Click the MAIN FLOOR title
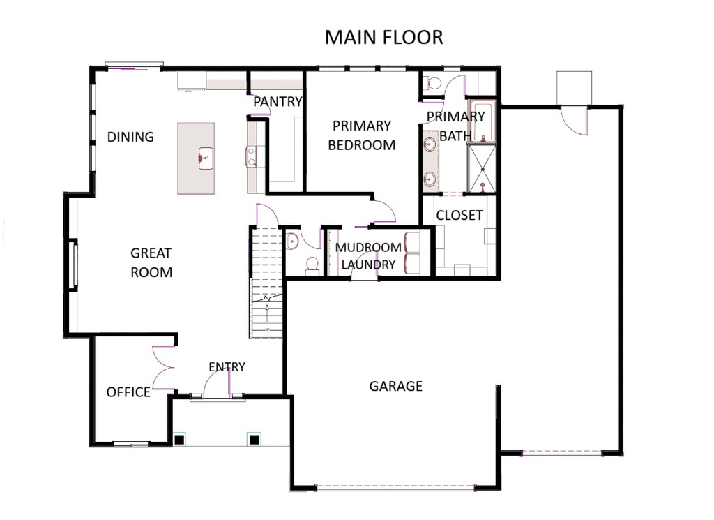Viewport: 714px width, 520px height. tap(383, 37)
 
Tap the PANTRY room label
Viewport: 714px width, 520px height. tap(278, 102)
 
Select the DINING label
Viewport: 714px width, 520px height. tap(130, 137)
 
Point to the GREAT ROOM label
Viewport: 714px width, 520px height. tap(151, 262)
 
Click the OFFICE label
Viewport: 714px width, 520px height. tap(128, 392)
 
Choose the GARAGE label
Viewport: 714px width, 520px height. tap(395, 386)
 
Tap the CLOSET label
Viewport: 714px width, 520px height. tap(459, 216)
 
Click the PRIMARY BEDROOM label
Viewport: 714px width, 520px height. tap(361, 135)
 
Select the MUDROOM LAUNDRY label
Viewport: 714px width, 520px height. tap(368, 256)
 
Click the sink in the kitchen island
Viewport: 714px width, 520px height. tap(205, 158)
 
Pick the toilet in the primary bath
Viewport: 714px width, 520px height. tap(434, 83)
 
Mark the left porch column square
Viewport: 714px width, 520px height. tap(180, 439)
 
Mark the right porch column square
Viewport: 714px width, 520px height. tap(254, 439)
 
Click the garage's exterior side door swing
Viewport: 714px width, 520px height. tap(575, 120)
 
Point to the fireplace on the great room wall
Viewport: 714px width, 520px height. tap(72, 264)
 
